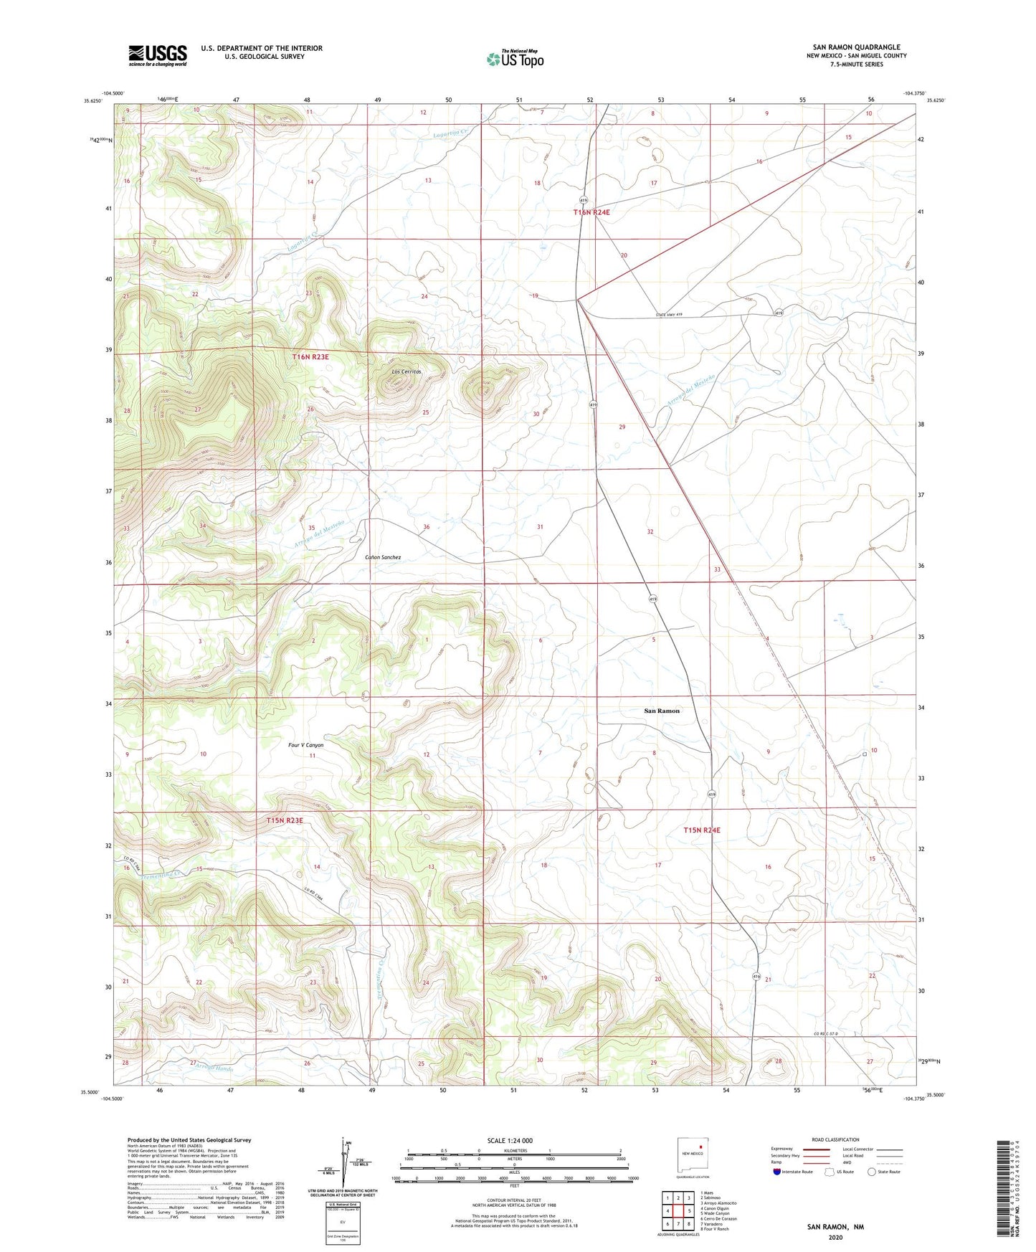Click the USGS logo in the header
coord(158,55)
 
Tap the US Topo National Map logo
coord(515,59)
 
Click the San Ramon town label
coord(661,711)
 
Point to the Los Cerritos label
coord(406,371)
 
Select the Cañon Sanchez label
coord(383,557)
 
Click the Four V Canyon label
coord(306,745)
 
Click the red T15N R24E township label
coord(702,830)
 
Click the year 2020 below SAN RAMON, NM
coord(835,1238)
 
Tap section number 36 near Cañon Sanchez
coord(426,527)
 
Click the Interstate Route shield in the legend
coord(778,1172)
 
